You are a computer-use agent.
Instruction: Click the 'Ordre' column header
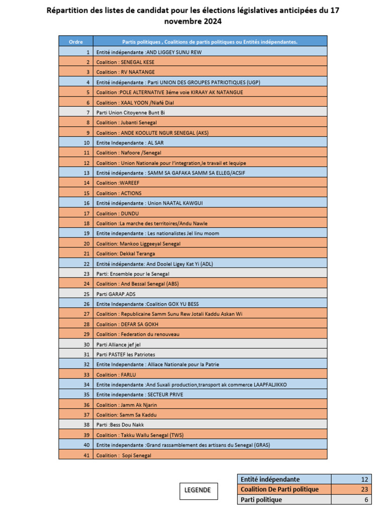tap(76, 42)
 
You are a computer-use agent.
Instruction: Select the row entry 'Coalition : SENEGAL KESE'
tap(125, 62)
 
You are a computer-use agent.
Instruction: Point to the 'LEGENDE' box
tap(199, 490)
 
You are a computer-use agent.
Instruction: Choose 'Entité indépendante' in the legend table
tap(270, 479)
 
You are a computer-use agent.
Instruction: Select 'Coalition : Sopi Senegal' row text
tap(124, 455)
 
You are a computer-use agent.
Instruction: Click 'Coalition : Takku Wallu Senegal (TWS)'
tap(140, 435)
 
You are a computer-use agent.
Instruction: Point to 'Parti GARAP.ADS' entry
tap(116, 294)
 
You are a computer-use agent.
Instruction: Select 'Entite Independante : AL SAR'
tap(123, 143)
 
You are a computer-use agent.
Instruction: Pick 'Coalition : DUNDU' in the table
tap(117, 213)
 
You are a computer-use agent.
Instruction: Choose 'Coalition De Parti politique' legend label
tap(279, 489)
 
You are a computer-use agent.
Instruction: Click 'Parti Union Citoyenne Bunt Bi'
tap(130, 113)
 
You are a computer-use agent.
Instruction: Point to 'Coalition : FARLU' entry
tap(116, 374)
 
